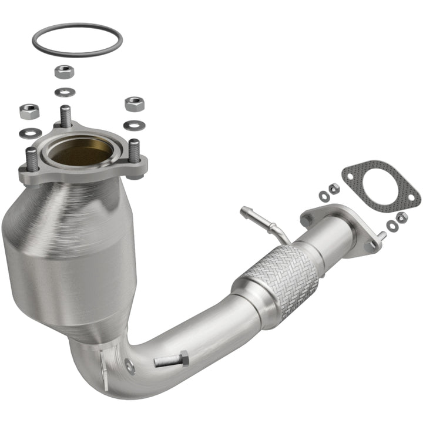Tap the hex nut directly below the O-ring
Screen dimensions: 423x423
point(64,72)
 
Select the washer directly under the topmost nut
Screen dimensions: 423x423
point(64,92)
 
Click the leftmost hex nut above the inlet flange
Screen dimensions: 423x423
point(29,110)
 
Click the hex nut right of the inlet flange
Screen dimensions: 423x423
point(135,104)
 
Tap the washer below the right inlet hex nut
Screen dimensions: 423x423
point(135,125)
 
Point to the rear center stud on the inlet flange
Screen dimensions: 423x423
point(66,115)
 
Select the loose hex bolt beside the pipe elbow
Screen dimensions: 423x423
point(172,360)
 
